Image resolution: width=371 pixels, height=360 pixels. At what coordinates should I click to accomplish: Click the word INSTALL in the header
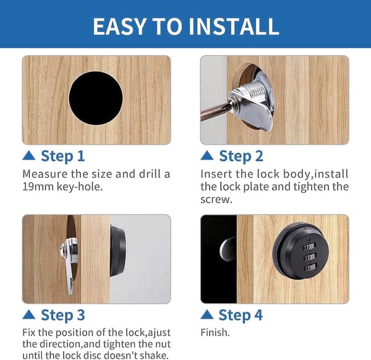pos(234,26)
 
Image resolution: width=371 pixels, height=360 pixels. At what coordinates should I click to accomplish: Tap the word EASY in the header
pos(119,26)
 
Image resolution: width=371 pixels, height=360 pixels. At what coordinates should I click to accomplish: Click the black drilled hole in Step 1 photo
pos(96,98)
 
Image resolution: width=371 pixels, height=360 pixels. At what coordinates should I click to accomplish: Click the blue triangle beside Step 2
pos(207,155)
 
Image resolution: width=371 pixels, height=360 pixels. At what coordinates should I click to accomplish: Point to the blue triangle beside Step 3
pos(29,315)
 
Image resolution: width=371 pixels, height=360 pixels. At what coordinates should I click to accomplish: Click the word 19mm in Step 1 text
pos(38,187)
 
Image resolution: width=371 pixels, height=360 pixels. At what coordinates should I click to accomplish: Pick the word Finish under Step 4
pos(214,333)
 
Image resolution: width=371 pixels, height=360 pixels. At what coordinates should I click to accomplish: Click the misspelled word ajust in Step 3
pos(160,333)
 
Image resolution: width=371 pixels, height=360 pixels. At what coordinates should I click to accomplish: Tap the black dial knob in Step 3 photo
pos(117,251)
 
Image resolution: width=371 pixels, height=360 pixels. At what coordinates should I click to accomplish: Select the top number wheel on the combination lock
pos(309,247)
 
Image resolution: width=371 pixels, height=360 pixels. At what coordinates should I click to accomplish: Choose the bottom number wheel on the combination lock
pos(310,268)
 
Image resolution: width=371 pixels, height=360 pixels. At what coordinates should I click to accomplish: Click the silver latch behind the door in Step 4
pos(228,249)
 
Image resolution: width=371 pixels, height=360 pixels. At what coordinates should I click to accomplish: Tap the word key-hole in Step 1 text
pos(80,187)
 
